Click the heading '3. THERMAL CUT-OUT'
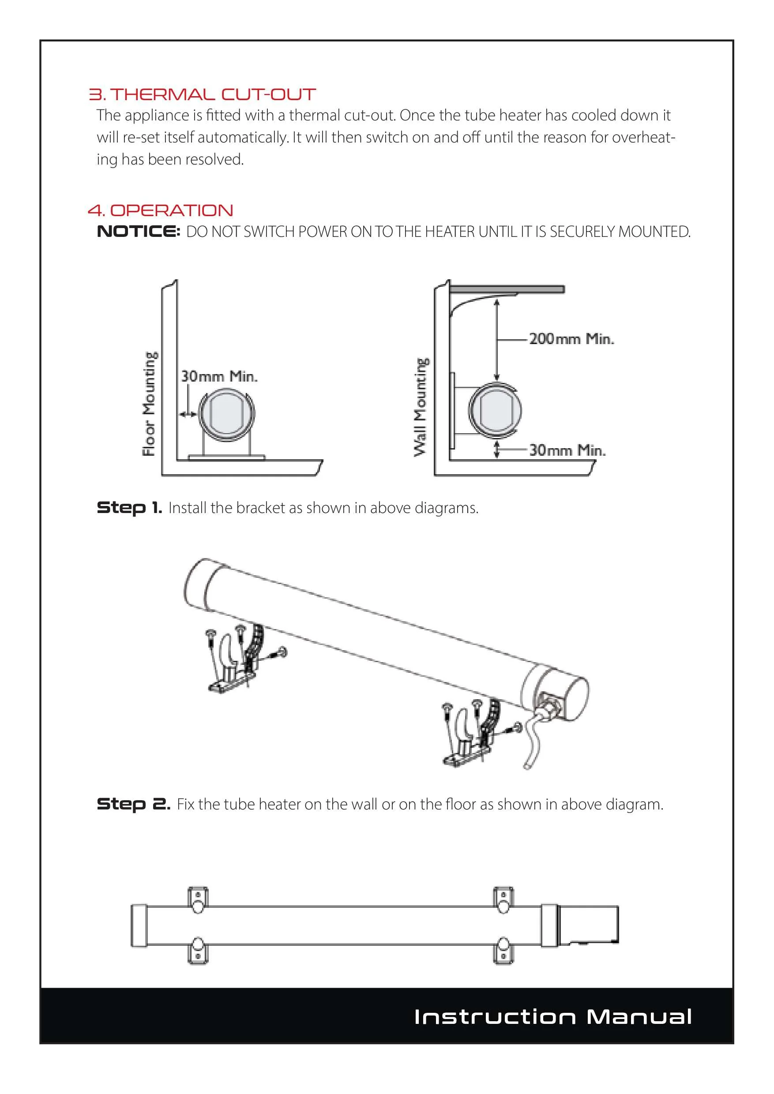click(202, 94)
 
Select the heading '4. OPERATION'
click(161, 210)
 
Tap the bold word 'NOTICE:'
click(138, 232)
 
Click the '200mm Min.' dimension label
click(571, 339)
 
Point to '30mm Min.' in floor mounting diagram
click(219, 376)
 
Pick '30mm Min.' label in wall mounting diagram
click(567, 450)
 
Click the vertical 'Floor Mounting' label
click(149, 404)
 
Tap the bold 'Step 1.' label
click(129, 508)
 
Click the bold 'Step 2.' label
click(133, 804)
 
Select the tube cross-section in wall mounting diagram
click(495, 410)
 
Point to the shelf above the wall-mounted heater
click(507, 289)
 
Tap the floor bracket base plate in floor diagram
click(226, 457)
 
